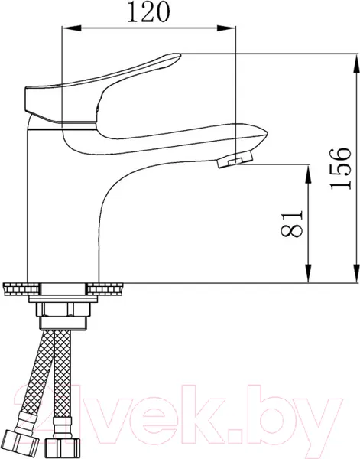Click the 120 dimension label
[148, 12]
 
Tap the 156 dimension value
[340, 168]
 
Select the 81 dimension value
[291, 223]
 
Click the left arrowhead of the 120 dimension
[72, 28]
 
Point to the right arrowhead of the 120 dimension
[225, 28]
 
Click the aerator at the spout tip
[235, 158]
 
